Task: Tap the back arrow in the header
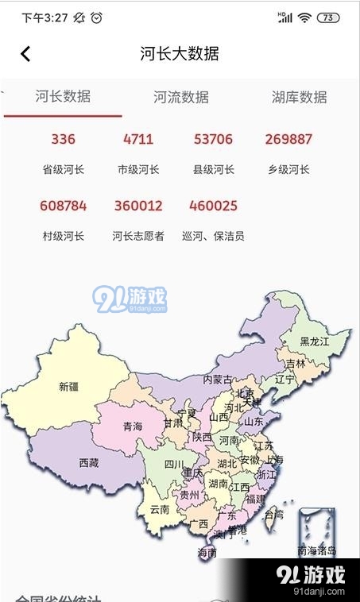tap(25, 54)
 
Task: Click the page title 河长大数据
tap(180, 54)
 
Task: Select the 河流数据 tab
tap(181, 98)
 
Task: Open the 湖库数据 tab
tap(299, 98)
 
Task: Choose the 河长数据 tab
tap(63, 97)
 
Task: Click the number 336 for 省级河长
tap(63, 140)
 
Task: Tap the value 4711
tap(138, 140)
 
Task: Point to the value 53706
tap(213, 140)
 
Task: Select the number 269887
tap(288, 140)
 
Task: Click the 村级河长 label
tap(63, 236)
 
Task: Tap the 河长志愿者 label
tap(138, 236)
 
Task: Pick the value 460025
tap(213, 206)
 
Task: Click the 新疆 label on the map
tap(69, 388)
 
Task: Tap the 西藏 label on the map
tap(89, 463)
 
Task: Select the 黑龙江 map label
tap(314, 342)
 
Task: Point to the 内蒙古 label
tap(218, 380)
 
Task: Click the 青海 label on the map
tap(133, 427)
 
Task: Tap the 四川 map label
tap(174, 465)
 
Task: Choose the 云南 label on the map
tap(160, 510)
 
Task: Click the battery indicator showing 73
tap(327, 17)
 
